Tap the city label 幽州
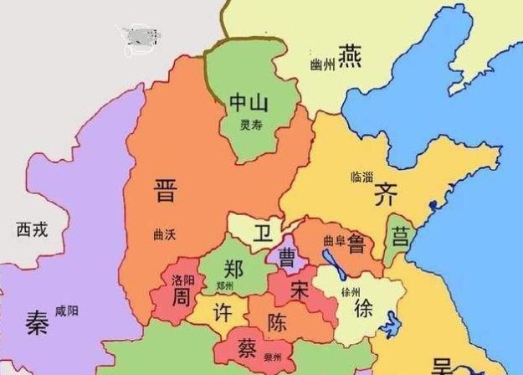coord(321,64)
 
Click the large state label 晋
coord(166,191)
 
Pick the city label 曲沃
coord(166,234)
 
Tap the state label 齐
coord(385,194)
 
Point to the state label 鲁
coord(356,242)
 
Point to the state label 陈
coord(279,322)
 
